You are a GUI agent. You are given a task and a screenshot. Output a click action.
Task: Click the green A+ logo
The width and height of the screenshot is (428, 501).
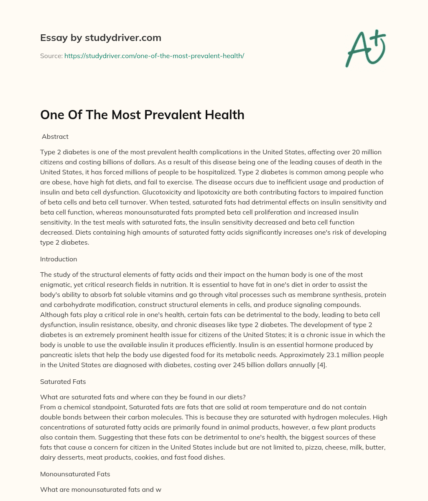pos(365,49)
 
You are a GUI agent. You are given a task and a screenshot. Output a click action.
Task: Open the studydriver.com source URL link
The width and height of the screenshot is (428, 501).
pos(154,56)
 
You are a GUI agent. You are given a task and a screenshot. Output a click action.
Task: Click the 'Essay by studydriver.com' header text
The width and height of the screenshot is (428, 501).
pos(100,38)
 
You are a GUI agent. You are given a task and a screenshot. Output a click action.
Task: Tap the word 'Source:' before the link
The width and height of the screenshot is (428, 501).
pos(51,56)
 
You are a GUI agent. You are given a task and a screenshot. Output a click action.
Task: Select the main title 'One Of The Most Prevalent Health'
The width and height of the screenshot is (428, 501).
pos(142,115)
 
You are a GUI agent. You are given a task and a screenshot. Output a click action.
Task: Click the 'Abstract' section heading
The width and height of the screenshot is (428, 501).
pos(55,136)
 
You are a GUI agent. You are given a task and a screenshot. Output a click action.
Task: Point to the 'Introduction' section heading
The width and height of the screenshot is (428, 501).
pos(59,259)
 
